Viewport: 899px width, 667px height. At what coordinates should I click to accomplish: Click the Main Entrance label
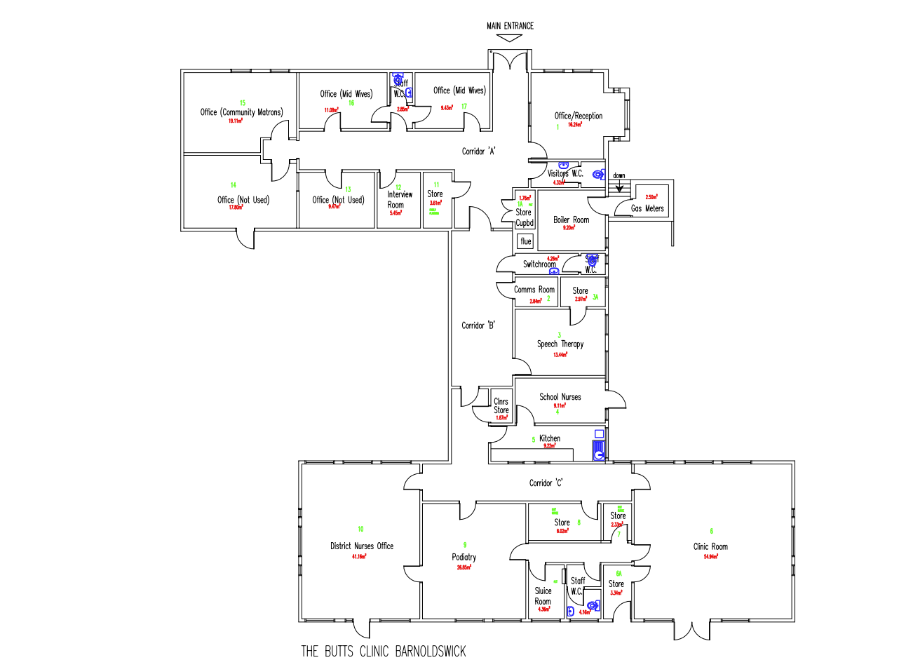(x=510, y=26)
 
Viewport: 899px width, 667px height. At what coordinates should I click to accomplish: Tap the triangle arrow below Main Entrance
(x=510, y=39)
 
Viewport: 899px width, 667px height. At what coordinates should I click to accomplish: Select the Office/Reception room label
(x=578, y=116)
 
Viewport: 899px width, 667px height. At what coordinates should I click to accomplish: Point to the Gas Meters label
(x=647, y=208)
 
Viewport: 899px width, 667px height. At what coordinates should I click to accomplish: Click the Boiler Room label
(x=571, y=220)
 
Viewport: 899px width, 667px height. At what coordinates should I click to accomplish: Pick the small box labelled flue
(x=526, y=241)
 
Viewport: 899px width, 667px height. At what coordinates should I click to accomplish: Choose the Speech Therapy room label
(x=560, y=344)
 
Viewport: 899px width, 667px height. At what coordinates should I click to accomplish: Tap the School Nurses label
(x=560, y=397)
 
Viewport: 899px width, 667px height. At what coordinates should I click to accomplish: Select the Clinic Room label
(x=710, y=546)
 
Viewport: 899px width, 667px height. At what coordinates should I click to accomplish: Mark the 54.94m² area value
(x=710, y=556)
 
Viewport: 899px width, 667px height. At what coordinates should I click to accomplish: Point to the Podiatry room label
(x=464, y=558)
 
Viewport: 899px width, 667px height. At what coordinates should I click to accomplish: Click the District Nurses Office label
(x=362, y=546)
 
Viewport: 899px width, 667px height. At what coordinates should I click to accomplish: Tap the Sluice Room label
(x=543, y=596)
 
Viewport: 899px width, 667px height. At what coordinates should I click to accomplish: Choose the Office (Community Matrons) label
(x=241, y=112)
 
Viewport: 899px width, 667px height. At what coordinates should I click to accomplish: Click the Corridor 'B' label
(x=479, y=325)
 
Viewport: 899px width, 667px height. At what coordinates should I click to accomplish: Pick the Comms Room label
(x=534, y=290)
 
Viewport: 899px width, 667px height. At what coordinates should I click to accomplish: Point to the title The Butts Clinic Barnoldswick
(x=383, y=652)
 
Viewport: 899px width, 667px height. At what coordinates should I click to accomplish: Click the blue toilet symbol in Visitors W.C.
(x=598, y=175)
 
